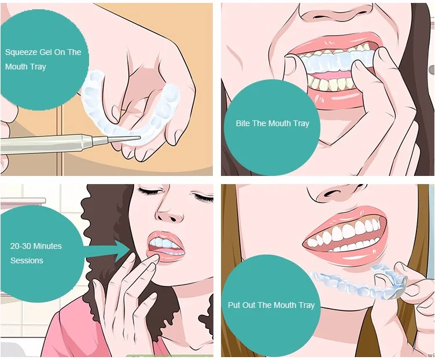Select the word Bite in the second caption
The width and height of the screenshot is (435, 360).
tap(243, 123)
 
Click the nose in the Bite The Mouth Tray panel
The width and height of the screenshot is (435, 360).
tap(336, 12)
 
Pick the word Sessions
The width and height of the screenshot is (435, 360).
tap(27, 260)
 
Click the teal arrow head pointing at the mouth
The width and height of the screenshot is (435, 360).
tap(121, 251)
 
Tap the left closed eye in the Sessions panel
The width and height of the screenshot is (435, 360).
tap(149, 190)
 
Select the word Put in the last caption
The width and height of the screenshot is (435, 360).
tap(234, 305)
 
